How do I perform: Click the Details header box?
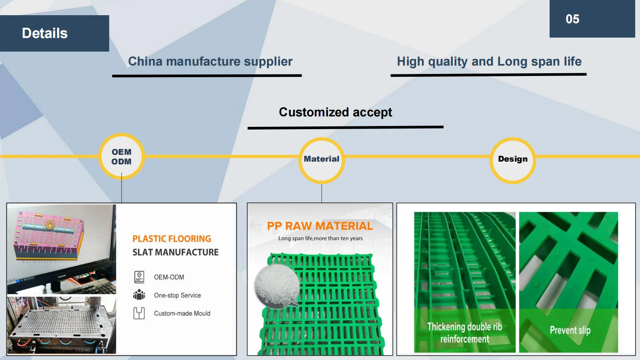tap(54, 33)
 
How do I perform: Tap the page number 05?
tap(572, 19)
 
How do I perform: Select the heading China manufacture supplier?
tap(210, 62)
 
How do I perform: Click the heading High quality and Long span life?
tap(489, 62)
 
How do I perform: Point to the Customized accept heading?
tap(335, 112)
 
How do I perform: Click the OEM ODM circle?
tap(122, 157)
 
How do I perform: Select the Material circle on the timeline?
tap(321, 159)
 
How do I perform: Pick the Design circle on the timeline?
tap(512, 159)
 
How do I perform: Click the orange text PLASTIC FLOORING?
tap(172, 239)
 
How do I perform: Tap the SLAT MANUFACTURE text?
tap(176, 252)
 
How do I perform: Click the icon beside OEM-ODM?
tap(139, 277)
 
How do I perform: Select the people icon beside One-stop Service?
tap(139, 295)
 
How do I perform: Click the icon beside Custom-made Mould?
tap(139, 313)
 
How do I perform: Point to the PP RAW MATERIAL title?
tap(320, 226)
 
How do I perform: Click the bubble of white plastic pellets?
tap(276, 286)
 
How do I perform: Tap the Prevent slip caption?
tap(570, 330)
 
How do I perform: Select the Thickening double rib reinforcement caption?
tap(464, 333)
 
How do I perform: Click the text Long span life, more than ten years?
tap(320, 238)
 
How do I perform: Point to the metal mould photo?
tap(62, 325)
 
